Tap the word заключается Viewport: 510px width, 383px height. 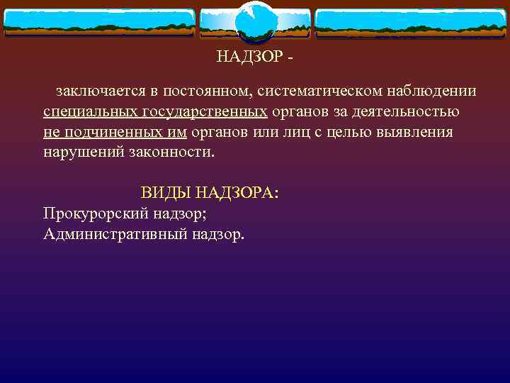[98, 91]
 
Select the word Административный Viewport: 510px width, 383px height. [115, 233]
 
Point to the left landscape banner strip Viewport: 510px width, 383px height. [98, 22]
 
